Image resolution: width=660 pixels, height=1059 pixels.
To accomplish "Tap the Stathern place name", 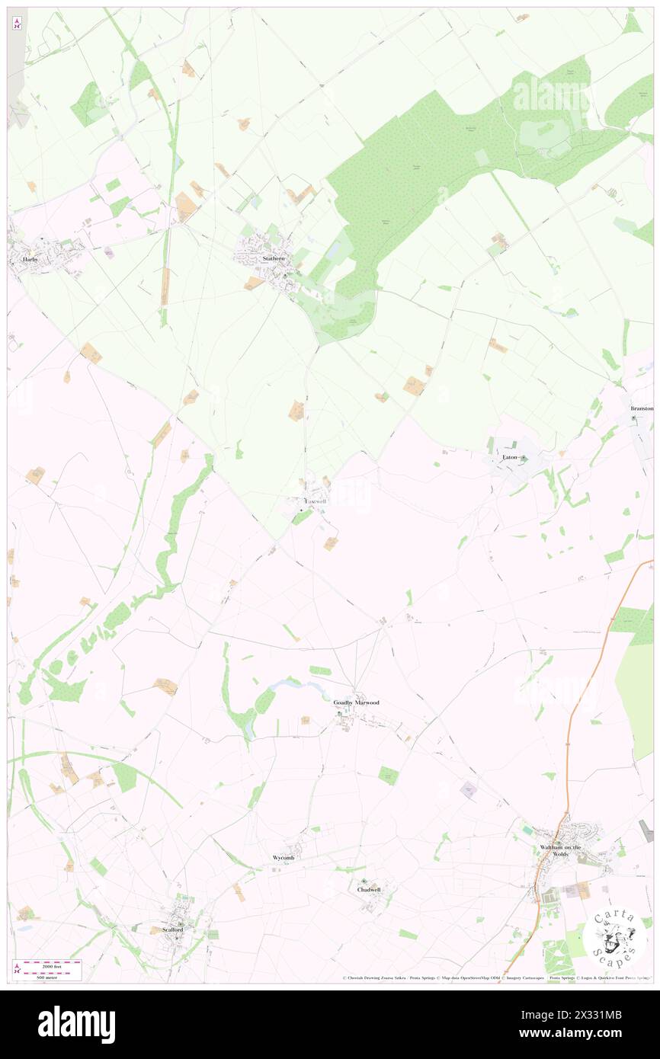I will click(274, 259).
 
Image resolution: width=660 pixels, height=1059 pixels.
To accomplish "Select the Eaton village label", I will click(509, 457).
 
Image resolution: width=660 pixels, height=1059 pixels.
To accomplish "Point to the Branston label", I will click(642, 409).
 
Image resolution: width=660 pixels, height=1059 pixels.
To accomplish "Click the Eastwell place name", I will click(316, 502).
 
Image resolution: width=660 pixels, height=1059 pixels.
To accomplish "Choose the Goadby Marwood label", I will click(356, 702).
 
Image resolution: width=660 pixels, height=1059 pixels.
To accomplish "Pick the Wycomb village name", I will click(284, 858).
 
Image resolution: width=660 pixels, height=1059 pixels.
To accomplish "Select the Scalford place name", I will click(173, 929).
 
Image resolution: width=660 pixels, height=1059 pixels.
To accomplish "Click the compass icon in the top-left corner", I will click(18, 24).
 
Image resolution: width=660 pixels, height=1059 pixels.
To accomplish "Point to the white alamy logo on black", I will click(76, 1025).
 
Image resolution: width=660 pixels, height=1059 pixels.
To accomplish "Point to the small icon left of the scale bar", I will click(17, 968).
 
